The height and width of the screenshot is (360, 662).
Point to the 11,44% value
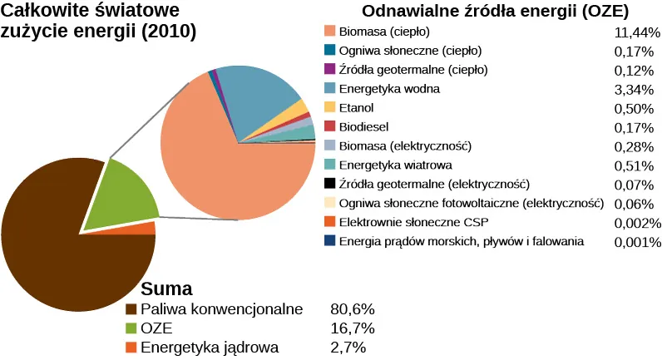pos(636,32)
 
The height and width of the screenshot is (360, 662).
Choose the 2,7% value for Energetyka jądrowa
pos(348,348)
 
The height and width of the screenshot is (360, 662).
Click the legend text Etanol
pos(357,108)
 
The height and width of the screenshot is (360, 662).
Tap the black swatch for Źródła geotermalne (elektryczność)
pos(329,184)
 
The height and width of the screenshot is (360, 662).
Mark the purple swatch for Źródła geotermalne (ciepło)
pos(329,69)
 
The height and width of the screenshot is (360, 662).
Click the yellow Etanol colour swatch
pos(329,107)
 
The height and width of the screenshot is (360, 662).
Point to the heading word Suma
pos(167,289)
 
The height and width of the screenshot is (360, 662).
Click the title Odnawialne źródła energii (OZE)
pos(495,12)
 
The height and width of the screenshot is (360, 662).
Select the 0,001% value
pos(636,242)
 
